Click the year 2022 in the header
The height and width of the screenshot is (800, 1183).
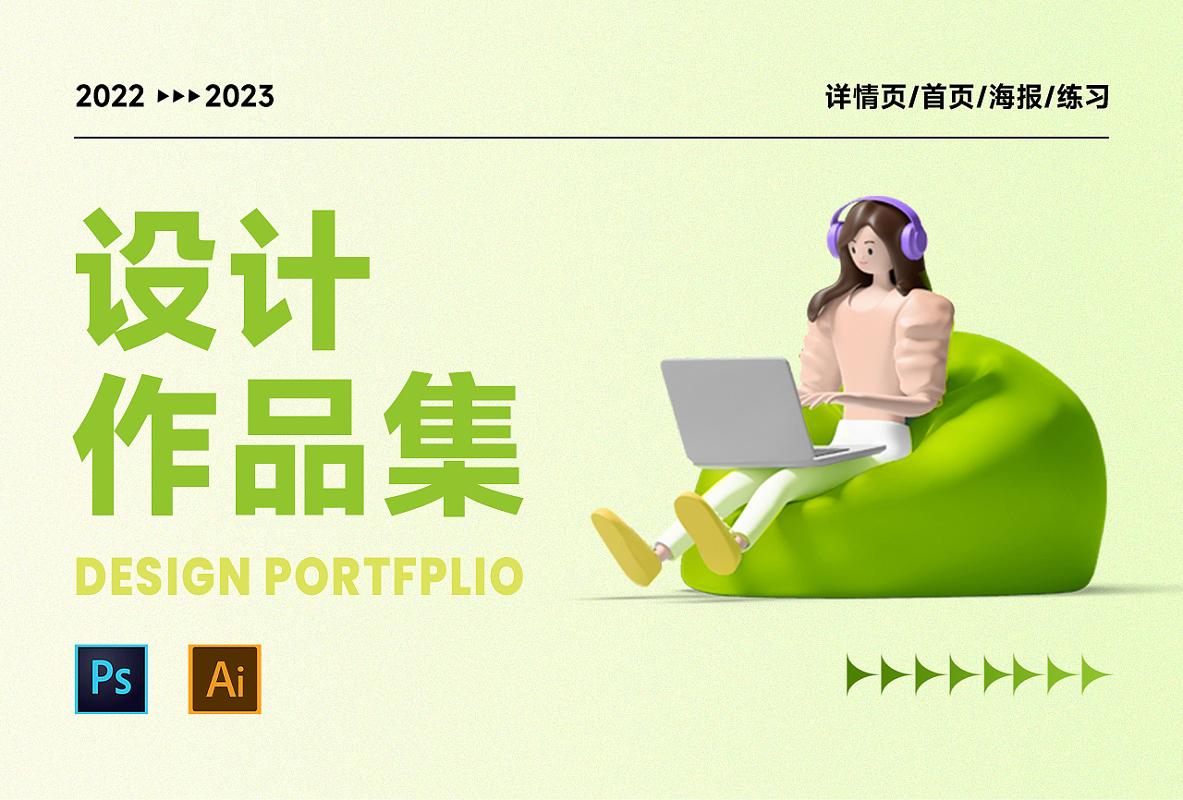(x=110, y=96)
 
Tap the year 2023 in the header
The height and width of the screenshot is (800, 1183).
(x=239, y=96)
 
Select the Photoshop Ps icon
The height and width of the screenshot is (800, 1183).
(x=111, y=679)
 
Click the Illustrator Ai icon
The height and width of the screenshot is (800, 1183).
(x=225, y=679)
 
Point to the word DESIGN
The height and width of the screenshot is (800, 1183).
(x=162, y=576)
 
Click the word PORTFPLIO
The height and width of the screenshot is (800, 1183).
(x=394, y=576)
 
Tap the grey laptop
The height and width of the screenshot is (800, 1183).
(x=739, y=411)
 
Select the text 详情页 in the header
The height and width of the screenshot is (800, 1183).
(x=865, y=97)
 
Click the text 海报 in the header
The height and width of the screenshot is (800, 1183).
(x=1016, y=97)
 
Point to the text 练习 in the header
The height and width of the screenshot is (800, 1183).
(x=1082, y=97)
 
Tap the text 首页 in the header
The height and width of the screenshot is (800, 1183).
(x=948, y=97)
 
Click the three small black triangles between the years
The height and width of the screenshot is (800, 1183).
(x=179, y=96)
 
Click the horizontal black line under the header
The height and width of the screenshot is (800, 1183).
(x=591, y=138)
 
